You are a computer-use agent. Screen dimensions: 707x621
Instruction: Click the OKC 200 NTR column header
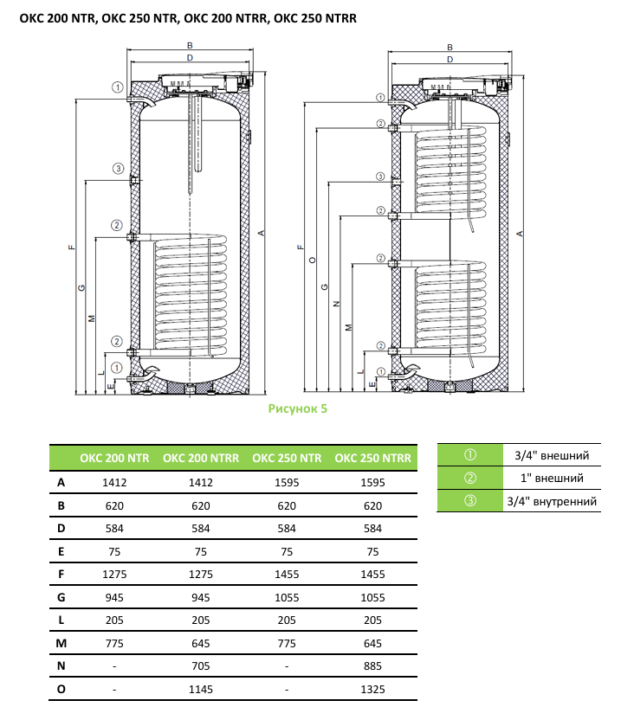point(115,458)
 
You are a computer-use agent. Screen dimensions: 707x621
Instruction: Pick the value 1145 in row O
point(200,689)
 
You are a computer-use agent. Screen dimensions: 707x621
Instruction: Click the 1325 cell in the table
point(373,689)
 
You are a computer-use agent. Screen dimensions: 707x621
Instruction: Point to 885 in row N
point(373,665)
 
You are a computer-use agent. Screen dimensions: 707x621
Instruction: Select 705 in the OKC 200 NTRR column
point(200,665)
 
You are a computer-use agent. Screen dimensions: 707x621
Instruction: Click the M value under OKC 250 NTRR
point(373,642)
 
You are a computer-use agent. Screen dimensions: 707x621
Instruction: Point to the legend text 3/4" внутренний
point(553,501)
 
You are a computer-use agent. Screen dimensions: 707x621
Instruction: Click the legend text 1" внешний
point(553,478)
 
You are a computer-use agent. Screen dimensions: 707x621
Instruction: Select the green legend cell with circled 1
point(469,455)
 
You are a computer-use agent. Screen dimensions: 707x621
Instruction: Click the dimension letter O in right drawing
point(311,259)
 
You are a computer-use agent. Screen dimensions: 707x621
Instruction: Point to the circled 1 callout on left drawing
point(117,86)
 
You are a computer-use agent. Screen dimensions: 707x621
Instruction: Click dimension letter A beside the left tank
point(260,233)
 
